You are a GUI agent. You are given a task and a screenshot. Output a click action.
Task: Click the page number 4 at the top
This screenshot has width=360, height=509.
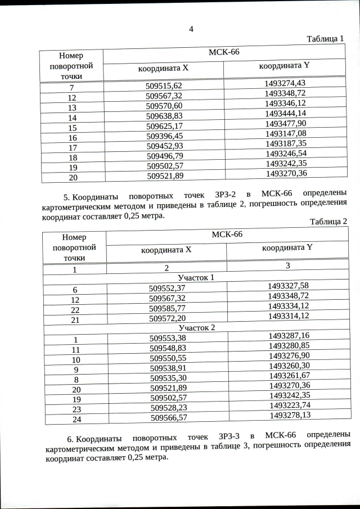coord(191,29)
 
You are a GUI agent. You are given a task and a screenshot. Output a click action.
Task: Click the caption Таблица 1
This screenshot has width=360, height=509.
coord(325,39)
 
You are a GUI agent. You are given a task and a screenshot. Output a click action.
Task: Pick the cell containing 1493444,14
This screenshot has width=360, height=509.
coord(285,114)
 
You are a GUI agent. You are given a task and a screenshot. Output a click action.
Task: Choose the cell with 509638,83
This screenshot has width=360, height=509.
coord(164,116)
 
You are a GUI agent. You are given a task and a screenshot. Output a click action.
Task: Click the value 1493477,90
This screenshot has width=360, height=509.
coord(285,123)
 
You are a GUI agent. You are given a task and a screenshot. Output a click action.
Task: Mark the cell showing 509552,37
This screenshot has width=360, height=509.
coord(167,287)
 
